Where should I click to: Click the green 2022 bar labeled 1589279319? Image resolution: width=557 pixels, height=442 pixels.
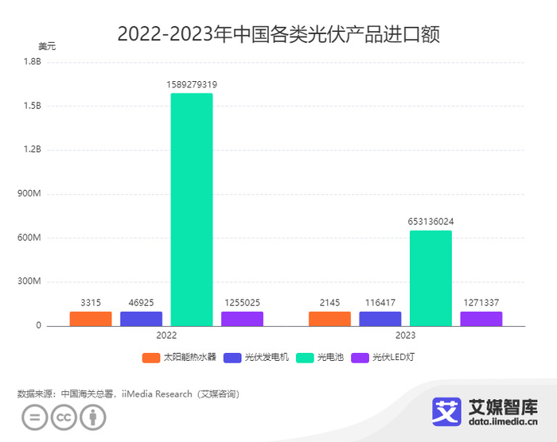[192, 209]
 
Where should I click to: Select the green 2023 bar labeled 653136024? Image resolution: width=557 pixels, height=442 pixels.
[430, 278]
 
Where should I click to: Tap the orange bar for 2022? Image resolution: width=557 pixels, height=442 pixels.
[91, 319]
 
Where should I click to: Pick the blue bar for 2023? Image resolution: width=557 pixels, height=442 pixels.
[380, 319]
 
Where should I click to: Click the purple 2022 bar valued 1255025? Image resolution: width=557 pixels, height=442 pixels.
[242, 319]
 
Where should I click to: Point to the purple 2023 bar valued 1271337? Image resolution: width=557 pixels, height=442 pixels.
[481, 319]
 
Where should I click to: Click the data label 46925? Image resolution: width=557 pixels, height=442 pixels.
[141, 303]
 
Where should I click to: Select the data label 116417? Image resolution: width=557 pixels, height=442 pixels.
[380, 303]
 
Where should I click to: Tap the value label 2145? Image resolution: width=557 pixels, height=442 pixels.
[329, 303]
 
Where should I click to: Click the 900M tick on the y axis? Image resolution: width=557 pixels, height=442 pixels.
[29, 194]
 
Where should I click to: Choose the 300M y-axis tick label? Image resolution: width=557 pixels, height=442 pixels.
[29, 281]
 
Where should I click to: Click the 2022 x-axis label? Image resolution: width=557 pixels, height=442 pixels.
[166, 336]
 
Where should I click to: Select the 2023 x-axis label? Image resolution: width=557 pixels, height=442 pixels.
[405, 336]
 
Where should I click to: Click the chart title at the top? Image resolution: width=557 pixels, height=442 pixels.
[278, 34]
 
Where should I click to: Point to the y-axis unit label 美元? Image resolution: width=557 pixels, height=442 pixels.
[48, 46]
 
